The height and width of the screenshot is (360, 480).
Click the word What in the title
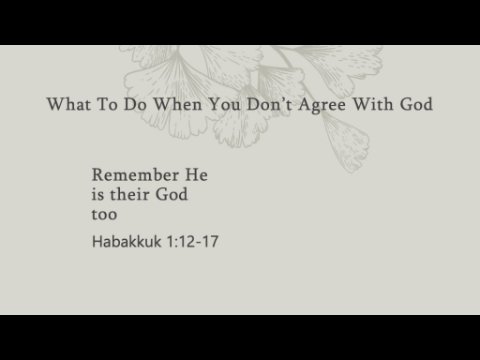tap(69, 104)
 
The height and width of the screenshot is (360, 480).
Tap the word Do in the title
tap(135, 104)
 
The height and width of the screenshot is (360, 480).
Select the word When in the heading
tap(178, 104)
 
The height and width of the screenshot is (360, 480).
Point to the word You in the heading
tap(224, 104)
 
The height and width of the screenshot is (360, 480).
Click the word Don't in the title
tap(269, 104)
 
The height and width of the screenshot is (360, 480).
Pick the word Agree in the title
tap(322, 106)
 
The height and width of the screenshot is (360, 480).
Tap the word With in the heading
tap(373, 104)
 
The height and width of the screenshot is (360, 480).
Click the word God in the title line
tap(416, 104)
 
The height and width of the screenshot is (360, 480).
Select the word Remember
tap(135, 175)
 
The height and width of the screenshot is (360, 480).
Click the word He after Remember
tap(196, 175)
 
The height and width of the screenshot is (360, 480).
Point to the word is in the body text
tap(98, 194)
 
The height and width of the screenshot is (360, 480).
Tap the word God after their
tap(172, 194)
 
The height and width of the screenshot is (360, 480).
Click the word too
tap(104, 214)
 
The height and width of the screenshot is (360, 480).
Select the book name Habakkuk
tap(127, 241)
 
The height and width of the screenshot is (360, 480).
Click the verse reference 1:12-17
tap(193, 241)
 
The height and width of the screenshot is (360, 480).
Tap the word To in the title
tap(107, 104)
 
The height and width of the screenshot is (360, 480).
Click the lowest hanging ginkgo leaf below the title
tap(347, 143)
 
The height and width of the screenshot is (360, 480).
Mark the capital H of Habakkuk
tap(97, 241)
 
